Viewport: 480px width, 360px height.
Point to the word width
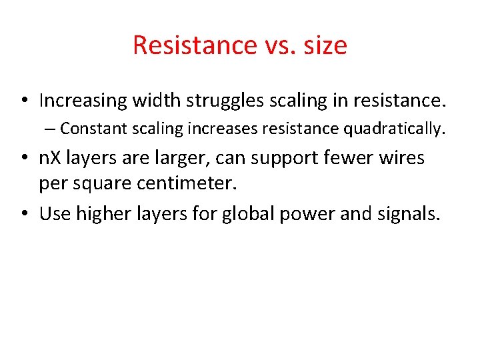[155, 101]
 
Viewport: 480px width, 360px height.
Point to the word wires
[398, 159]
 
